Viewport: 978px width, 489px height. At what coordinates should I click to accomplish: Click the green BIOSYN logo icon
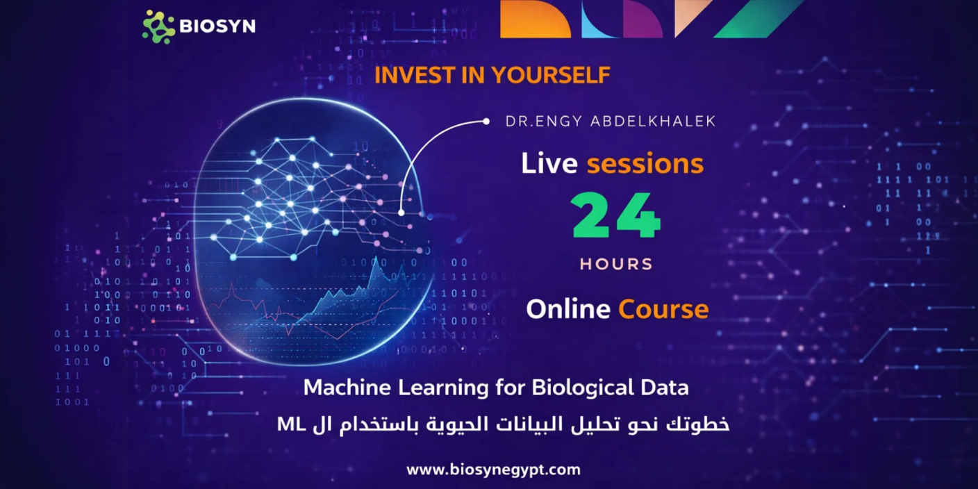pyautogui.click(x=158, y=26)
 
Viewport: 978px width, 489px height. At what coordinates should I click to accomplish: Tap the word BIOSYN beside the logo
pyautogui.click(x=217, y=26)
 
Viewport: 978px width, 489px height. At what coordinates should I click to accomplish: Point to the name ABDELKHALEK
pyautogui.click(x=653, y=122)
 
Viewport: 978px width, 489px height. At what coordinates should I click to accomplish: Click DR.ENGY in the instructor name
pyautogui.click(x=544, y=122)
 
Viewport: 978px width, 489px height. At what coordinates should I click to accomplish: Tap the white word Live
pyautogui.click(x=549, y=163)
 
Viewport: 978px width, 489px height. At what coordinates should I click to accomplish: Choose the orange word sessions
pyautogui.click(x=645, y=164)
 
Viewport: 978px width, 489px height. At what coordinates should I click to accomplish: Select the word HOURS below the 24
pyautogui.click(x=616, y=264)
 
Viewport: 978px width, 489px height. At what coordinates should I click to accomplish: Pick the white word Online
pyautogui.click(x=568, y=309)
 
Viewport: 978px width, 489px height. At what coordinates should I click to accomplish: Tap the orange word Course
pyautogui.click(x=663, y=309)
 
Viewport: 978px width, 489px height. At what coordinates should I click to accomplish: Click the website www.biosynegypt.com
pyautogui.click(x=493, y=470)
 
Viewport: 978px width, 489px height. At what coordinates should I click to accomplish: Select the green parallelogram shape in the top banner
pyautogui.click(x=760, y=19)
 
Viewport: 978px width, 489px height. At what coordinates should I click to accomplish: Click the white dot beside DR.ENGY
pyautogui.click(x=486, y=122)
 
